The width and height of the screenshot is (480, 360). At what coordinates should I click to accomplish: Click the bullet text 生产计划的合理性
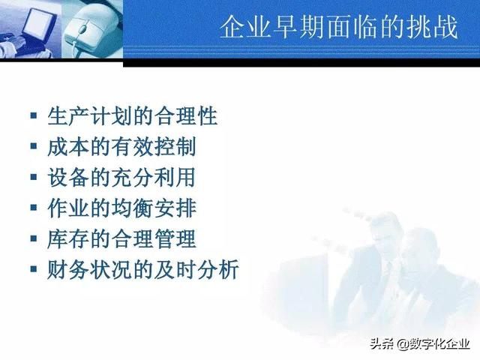click(x=132, y=117)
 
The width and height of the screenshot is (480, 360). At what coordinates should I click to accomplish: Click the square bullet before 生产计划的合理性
click(x=33, y=117)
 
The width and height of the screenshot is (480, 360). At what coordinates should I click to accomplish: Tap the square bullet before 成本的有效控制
click(x=33, y=148)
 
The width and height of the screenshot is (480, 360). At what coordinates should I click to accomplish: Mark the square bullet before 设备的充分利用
click(x=33, y=178)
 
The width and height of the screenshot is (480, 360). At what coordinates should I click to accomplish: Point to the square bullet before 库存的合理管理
click(x=33, y=240)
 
